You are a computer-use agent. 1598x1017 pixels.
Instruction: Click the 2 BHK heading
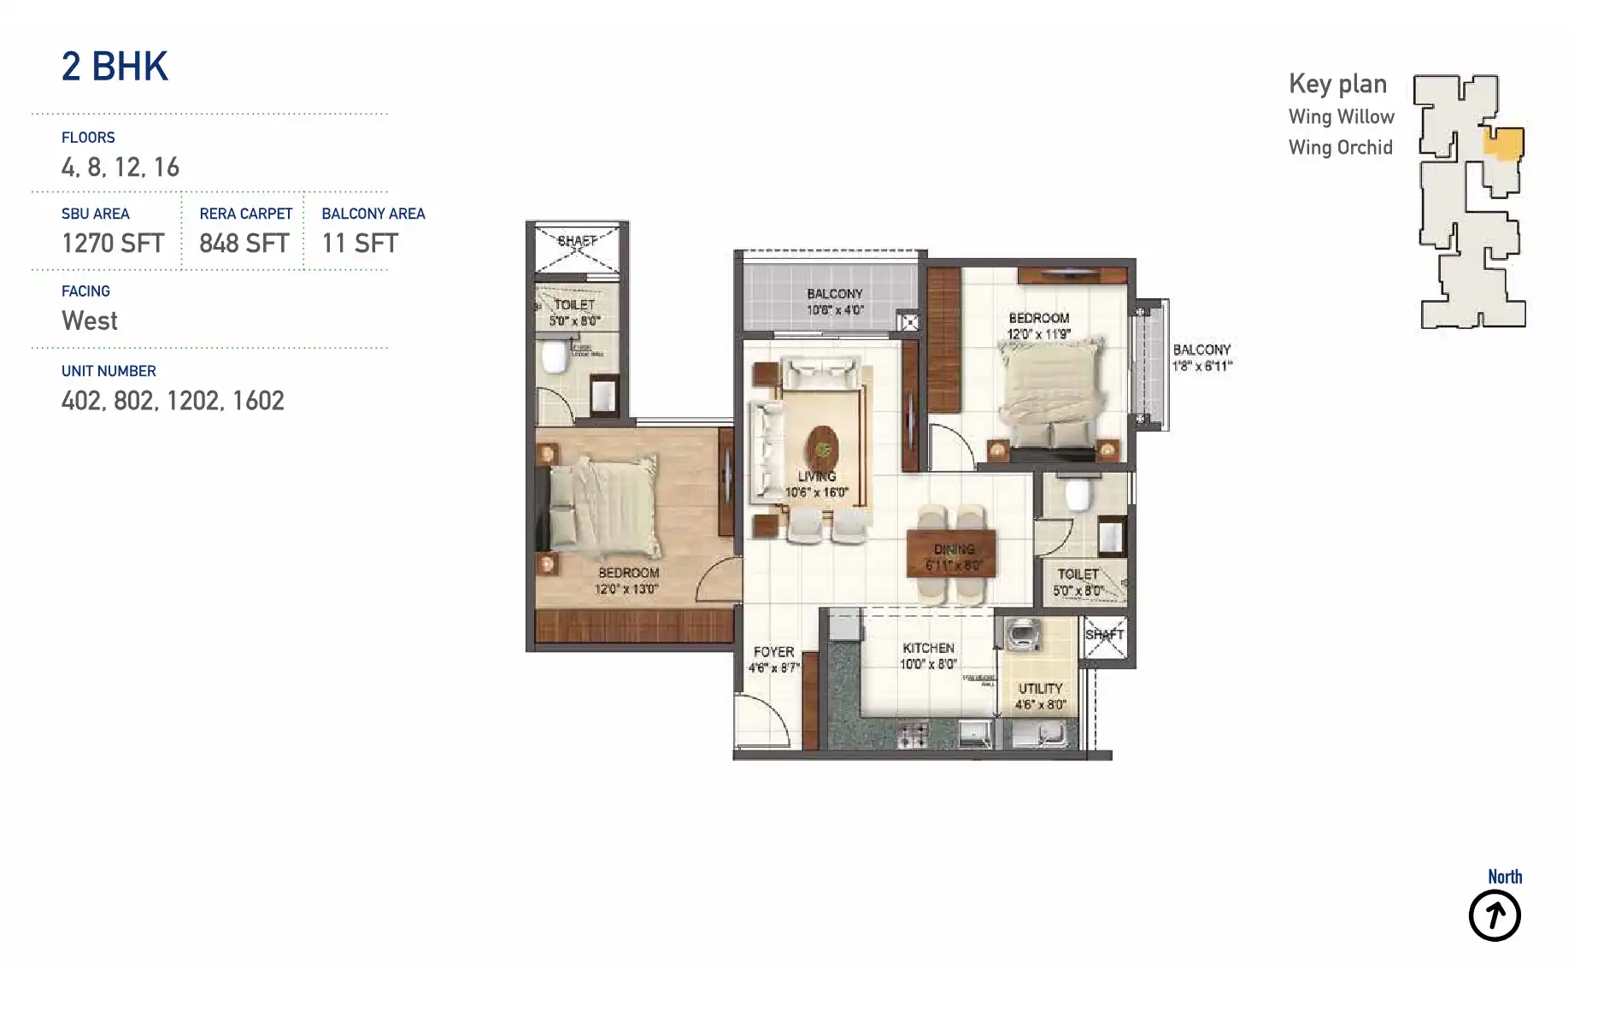(115, 67)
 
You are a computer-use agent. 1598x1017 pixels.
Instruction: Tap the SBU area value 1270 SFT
(113, 244)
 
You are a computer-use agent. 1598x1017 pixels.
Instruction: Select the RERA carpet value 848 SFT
(244, 244)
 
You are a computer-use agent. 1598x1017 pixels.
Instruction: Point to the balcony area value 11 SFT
(360, 244)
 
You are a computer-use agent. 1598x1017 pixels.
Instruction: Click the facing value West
(90, 321)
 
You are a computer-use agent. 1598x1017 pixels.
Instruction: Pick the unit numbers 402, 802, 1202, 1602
(173, 401)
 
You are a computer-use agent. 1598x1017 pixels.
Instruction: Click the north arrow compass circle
(1494, 915)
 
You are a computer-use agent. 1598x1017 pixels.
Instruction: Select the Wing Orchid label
(1340, 148)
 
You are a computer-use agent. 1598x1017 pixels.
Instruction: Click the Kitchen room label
(928, 648)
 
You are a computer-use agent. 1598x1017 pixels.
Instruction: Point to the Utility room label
(1040, 688)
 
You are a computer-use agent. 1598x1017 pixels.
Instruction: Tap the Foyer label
(773, 652)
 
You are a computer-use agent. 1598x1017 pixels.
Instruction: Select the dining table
(952, 554)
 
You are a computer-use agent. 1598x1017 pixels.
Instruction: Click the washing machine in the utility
(1021, 634)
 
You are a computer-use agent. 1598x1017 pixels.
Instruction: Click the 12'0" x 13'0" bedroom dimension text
(626, 589)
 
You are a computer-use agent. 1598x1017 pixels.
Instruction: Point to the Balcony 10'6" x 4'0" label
(835, 302)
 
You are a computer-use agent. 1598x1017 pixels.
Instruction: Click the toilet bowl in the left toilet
(555, 356)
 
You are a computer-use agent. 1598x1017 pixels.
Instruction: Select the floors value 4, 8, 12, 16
(120, 168)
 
